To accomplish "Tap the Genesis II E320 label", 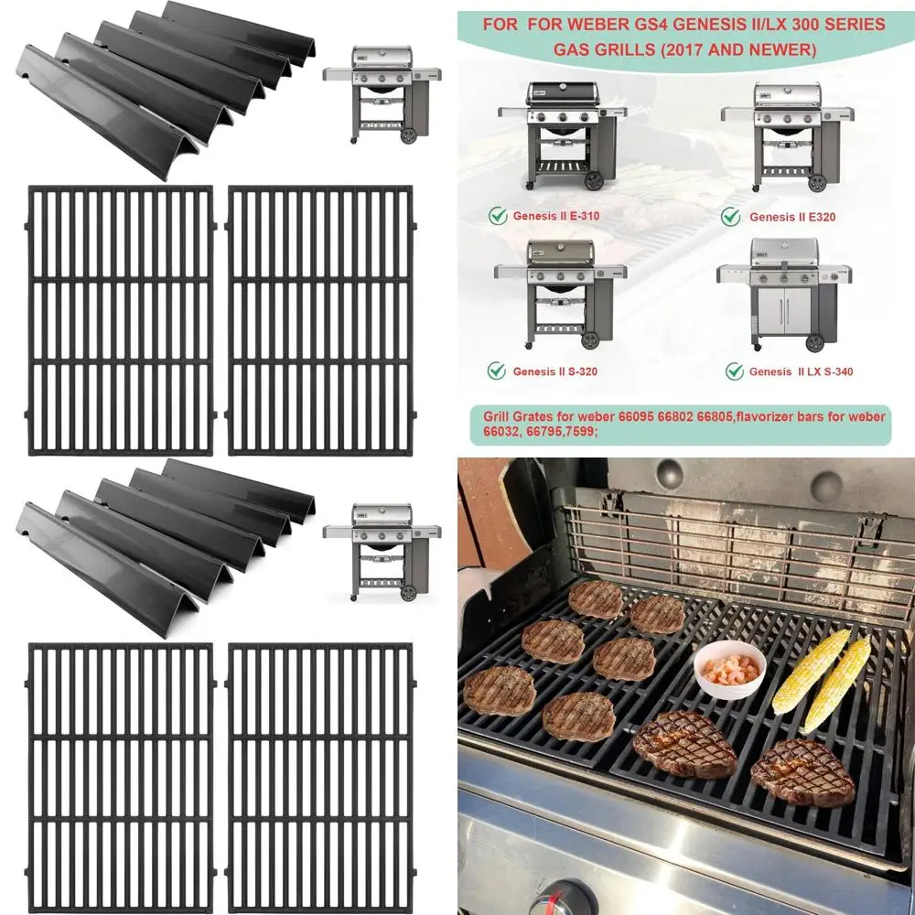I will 791,217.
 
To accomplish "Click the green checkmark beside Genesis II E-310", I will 497,216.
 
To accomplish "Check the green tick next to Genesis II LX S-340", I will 734,371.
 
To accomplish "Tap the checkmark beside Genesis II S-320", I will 497,371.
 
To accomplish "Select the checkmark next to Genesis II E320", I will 730,216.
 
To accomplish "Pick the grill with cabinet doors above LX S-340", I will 785,293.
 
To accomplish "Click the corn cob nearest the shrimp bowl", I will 809,673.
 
